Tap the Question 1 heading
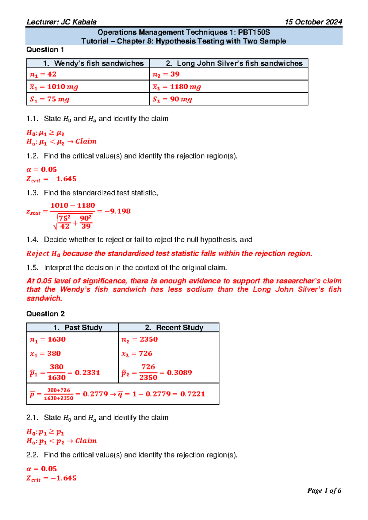pyautogui.click(x=45, y=50)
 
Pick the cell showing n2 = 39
pyautogui.click(x=166, y=74)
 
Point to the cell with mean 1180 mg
pyautogui.click(x=177, y=87)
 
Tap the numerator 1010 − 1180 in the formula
pyautogui.click(x=72, y=205)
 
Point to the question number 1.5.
pyautogui.click(x=32, y=268)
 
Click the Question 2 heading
pyautogui.click(x=45, y=314)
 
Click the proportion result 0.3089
pyautogui.click(x=179, y=373)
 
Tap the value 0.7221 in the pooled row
pyautogui.click(x=192, y=394)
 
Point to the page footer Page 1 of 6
pyautogui.click(x=324, y=491)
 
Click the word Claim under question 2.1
pyautogui.click(x=86, y=441)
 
